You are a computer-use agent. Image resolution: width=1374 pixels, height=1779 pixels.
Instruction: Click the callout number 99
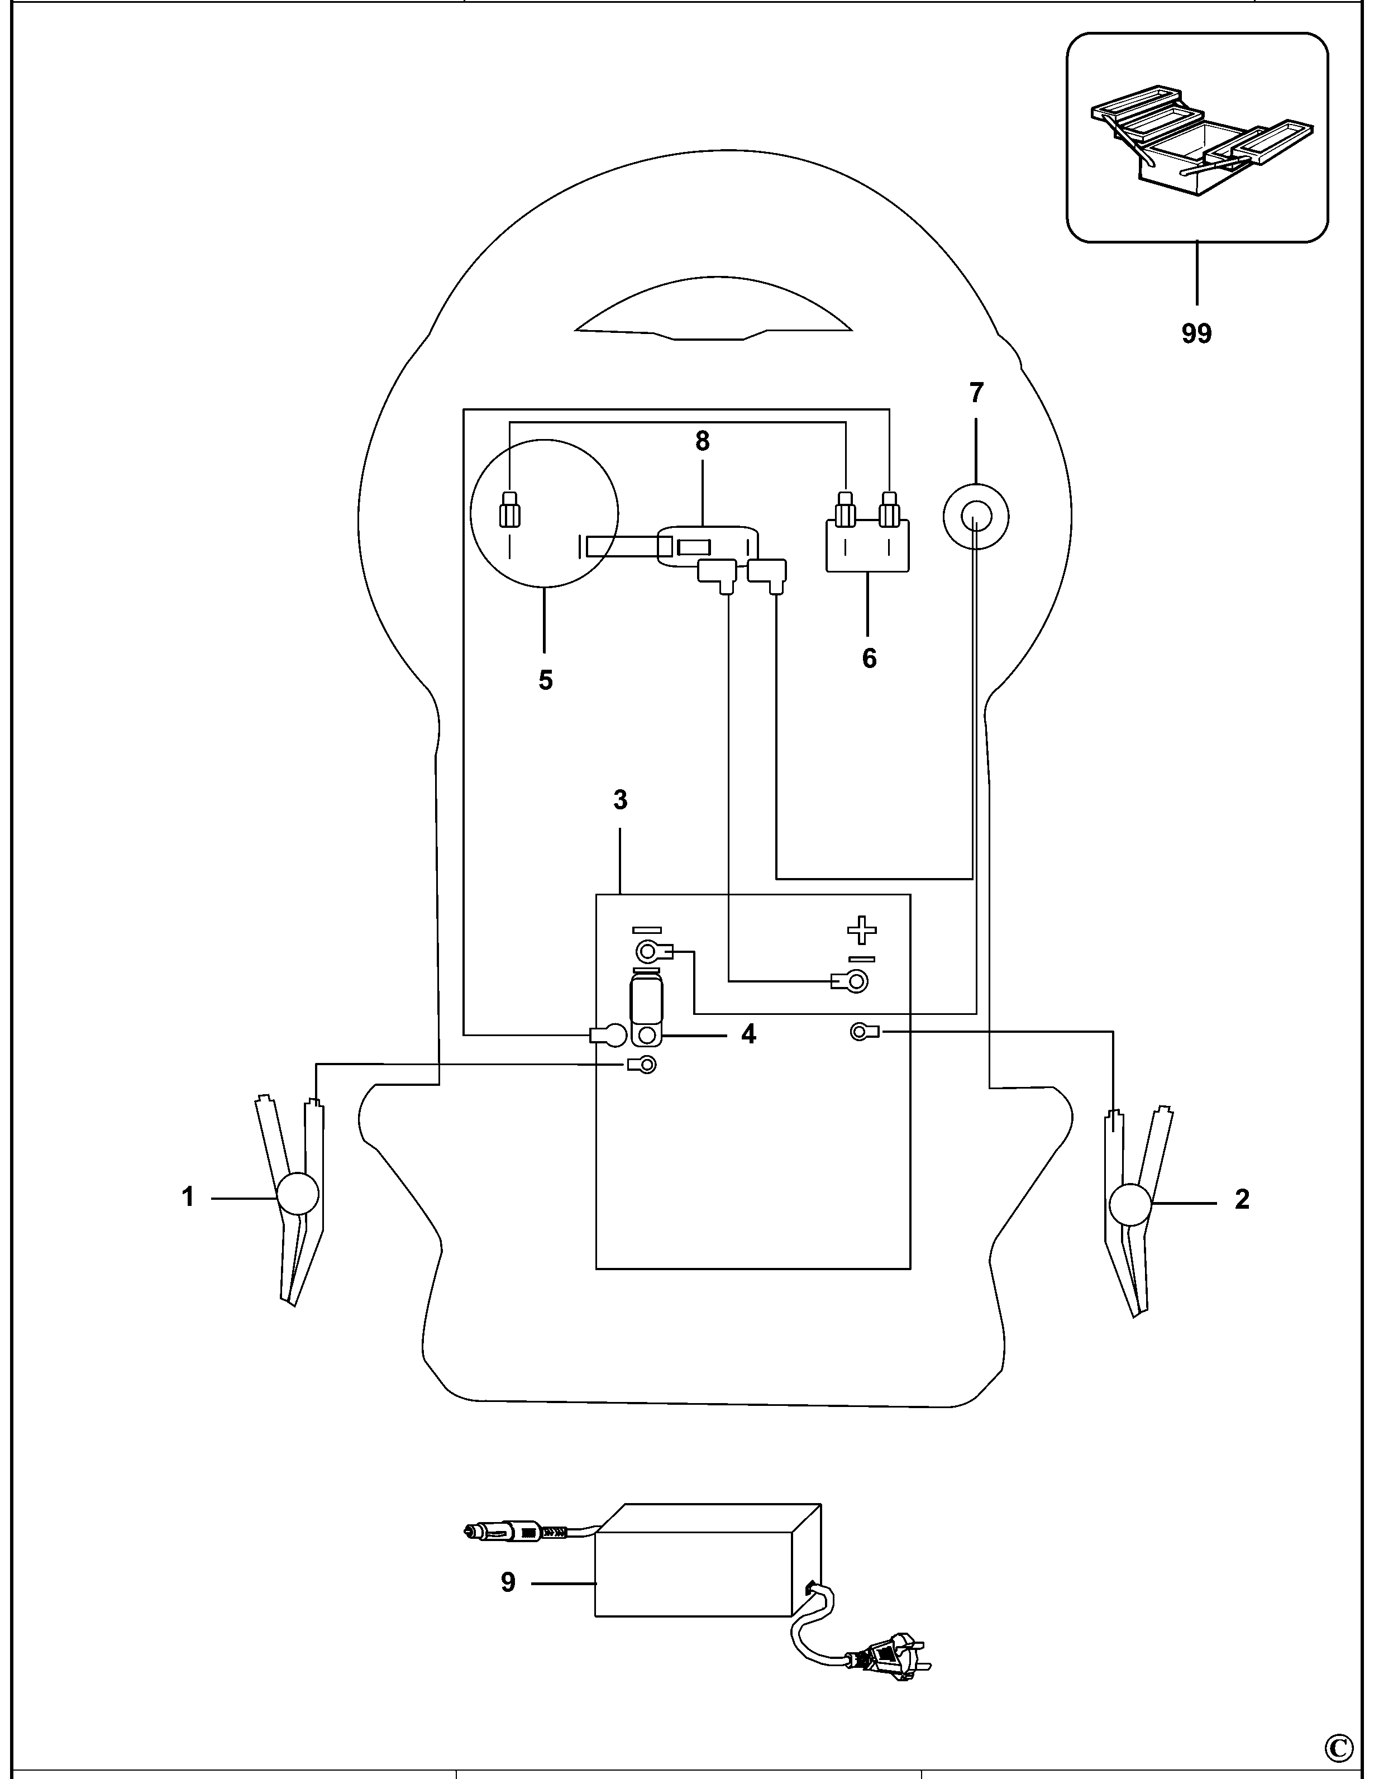tap(1196, 333)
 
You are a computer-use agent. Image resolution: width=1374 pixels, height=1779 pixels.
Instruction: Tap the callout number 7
tap(976, 393)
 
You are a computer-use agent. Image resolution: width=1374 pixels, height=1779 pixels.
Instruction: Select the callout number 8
tap(702, 441)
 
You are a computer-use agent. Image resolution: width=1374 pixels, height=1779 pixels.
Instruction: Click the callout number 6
tap(869, 658)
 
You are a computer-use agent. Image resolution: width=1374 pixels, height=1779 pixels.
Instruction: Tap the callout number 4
tap(748, 1034)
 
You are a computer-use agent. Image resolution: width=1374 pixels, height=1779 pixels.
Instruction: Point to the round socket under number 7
tap(976, 517)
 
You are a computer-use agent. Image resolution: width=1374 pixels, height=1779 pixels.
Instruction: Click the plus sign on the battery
tap(862, 930)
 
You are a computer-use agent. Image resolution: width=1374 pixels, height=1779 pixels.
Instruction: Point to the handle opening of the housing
tap(713, 312)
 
